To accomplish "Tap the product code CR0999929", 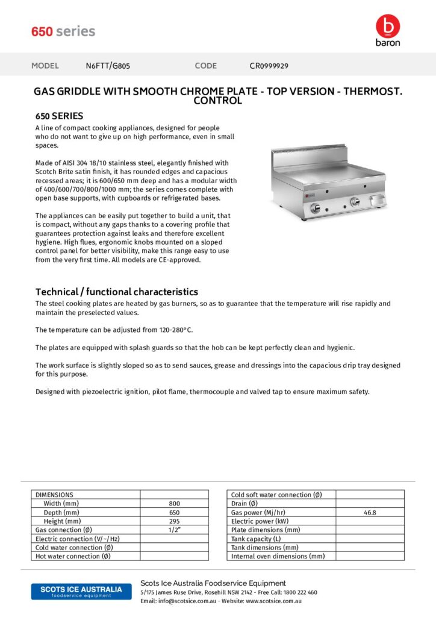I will tap(269, 66).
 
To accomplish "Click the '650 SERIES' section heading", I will tap(59, 116).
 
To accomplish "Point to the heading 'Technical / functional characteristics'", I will tap(117, 292).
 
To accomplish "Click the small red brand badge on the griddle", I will tap(307, 195).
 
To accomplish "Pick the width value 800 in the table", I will tap(174, 504).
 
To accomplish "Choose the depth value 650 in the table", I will tap(174, 512).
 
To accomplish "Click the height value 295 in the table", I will tap(174, 521).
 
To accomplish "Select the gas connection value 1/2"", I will tap(174, 530).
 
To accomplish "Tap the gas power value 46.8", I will tap(370, 513).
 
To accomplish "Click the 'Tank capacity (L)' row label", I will tap(256, 539).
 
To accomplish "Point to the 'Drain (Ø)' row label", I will tap(244, 504).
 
